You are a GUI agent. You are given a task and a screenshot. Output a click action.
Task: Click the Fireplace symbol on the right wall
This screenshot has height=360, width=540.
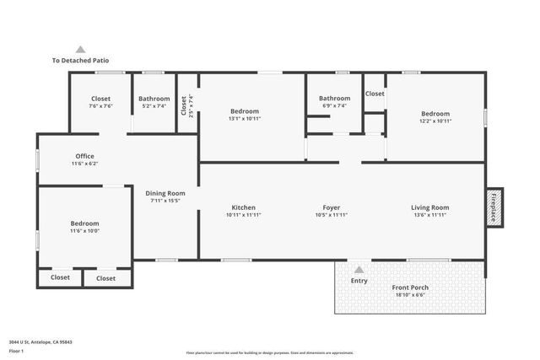coord(494,207)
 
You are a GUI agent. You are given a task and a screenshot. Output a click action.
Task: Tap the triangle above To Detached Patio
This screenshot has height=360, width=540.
coord(81,51)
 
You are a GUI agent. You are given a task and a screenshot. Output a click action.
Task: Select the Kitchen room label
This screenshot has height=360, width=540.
coord(244,207)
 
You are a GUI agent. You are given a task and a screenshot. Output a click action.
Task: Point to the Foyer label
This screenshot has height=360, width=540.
coord(332,207)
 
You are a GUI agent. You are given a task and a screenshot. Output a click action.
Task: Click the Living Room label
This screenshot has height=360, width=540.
coord(429,207)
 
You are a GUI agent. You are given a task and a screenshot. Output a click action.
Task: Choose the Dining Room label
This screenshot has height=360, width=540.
coord(165,193)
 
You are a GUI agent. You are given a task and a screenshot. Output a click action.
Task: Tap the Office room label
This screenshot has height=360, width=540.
coord(84,156)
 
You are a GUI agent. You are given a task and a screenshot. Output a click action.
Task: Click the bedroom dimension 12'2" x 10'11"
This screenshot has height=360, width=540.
coord(435,121)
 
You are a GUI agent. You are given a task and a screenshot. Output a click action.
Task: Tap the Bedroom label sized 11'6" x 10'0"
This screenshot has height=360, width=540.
coord(84,223)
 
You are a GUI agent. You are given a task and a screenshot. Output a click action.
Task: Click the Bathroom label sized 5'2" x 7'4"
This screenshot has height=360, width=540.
coord(154,99)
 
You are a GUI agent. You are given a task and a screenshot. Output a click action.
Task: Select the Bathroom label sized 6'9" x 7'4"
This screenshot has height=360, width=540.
coord(334,99)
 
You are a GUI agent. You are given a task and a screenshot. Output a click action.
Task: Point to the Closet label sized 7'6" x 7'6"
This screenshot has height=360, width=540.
coord(101,99)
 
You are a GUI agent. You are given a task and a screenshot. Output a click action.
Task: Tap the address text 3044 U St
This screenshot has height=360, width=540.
coord(40,342)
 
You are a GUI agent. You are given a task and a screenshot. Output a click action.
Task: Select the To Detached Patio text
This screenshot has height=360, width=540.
coord(81,61)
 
